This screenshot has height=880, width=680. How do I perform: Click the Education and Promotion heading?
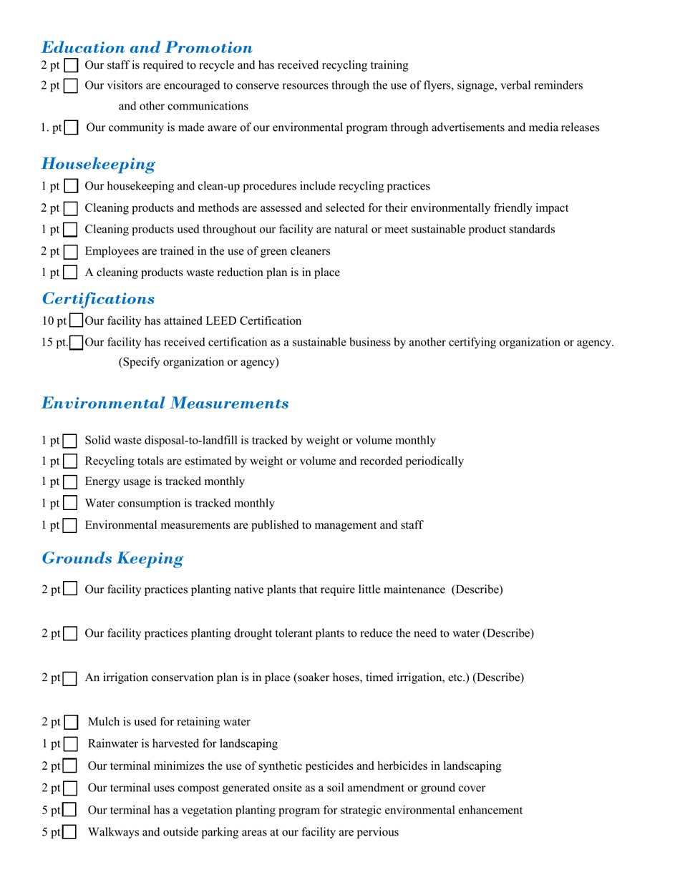click(x=147, y=48)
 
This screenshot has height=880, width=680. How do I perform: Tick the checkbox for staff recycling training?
click(x=72, y=66)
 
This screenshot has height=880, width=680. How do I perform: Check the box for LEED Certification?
click(x=77, y=321)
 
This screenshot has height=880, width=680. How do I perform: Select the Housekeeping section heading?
click(x=98, y=164)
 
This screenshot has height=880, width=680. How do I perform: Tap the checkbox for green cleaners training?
click(x=72, y=252)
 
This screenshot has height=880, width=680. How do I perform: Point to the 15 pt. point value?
click(x=55, y=343)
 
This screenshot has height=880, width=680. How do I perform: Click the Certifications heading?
click(x=98, y=298)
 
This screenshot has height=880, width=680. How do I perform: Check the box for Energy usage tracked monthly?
click(x=71, y=482)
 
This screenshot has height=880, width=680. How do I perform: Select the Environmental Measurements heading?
click(x=165, y=404)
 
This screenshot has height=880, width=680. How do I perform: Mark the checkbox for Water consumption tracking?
click(x=71, y=504)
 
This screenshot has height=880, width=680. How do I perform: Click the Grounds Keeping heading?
click(x=112, y=558)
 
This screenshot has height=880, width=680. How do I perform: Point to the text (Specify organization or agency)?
click(x=198, y=363)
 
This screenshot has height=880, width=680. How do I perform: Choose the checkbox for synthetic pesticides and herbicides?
click(x=71, y=767)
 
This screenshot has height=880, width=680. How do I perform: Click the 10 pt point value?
click(x=54, y=321)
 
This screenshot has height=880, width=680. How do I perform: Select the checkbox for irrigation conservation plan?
click(x=71, y=678)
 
